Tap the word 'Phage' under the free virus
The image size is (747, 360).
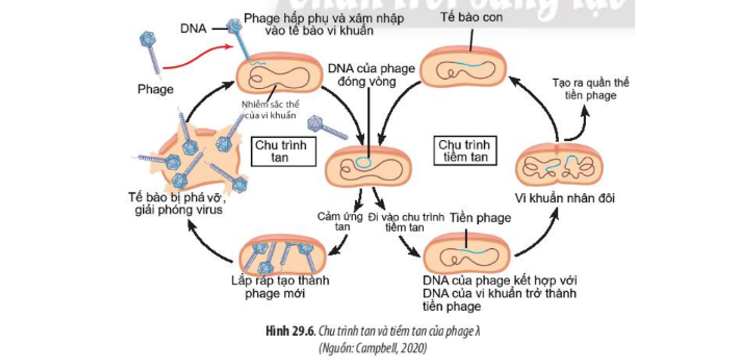[x=155, y=89]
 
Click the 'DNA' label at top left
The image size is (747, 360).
[x=193, y=28]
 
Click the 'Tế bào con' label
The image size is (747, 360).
[x=471, y=18]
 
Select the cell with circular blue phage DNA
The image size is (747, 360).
[x=369, y=166]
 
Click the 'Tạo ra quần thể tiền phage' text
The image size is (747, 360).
[x=590, y=88]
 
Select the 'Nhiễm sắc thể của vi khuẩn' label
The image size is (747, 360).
[x=270, y=109]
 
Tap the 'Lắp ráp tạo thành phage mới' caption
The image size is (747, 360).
[x=280, y=287]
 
